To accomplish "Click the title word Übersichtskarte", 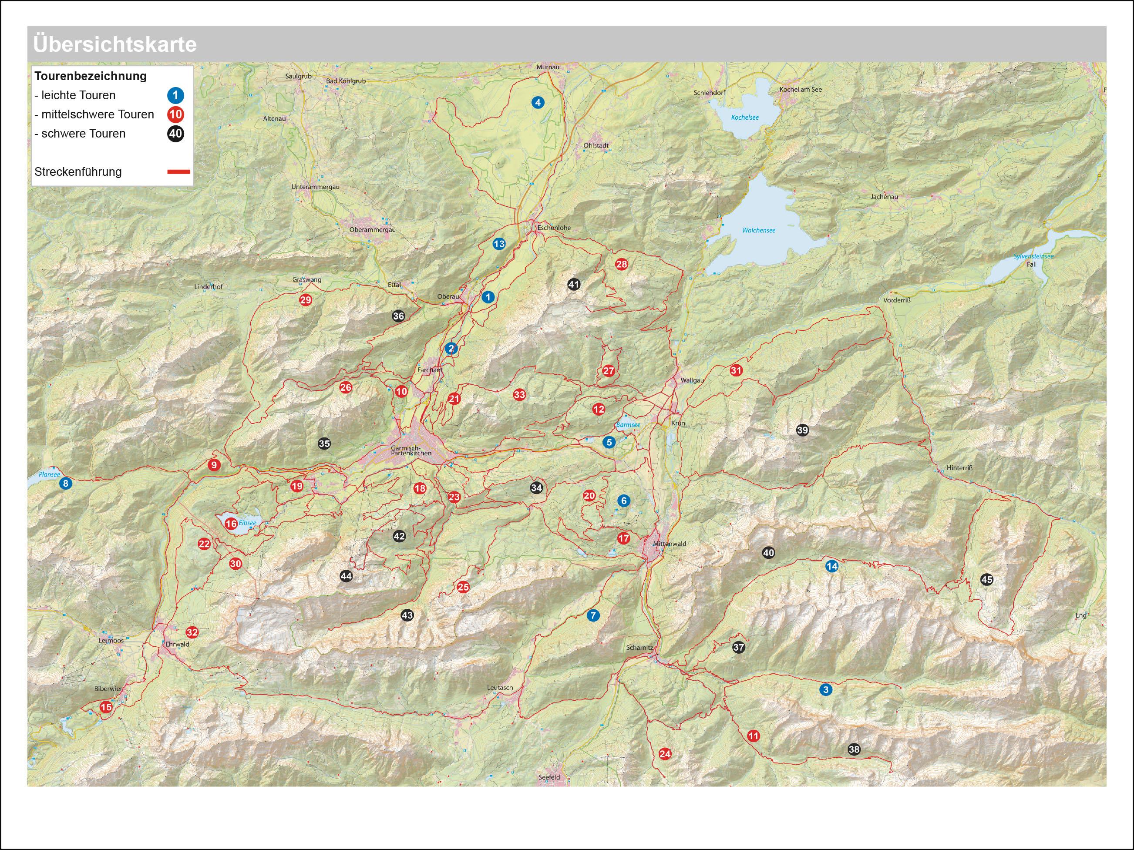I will (x=114, y=44).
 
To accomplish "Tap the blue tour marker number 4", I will (x=537, y=103).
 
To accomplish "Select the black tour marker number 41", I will (x=574, y=284).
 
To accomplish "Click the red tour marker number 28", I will (x=621, y=265).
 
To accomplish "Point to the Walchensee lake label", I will (x=759, y=231).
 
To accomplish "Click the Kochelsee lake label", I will (x=744, y=118).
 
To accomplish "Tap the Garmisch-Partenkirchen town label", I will (x=411, y=450).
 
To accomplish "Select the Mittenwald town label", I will (x=669, y=544).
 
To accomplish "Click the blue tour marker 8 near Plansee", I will (x=65, y=484).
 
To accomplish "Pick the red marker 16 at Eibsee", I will (x=231, y=524).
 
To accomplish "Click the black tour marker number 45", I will (x=986, y=580).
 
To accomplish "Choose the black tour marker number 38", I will (x=854, y=749).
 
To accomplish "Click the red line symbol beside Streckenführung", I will (x=178, y=172).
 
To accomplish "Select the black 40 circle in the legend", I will (x=175, y=134).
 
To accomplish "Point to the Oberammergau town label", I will (x=372, y=230).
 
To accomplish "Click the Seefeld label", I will (x=549, y=777).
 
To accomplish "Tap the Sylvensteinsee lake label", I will (x=1033, y=256).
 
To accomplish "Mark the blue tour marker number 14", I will (x=831, y=567).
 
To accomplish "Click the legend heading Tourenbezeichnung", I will (x=90, y=76).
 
